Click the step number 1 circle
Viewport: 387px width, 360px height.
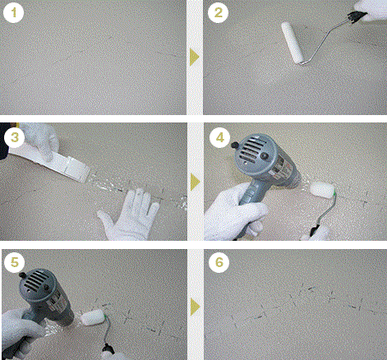pos(13,12)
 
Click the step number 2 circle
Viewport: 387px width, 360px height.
pos(218,12)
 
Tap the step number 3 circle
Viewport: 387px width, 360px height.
pos(15,137)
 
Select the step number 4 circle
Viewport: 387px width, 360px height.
pos(220,137)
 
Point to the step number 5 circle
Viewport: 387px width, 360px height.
pos(15,262)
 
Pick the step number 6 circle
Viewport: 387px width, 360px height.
pos(219,262)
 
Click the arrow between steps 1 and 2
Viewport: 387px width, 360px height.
pos(194,57)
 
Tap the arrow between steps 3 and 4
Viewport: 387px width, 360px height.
pos(195,182)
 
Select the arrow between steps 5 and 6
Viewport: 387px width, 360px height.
pos(195,307)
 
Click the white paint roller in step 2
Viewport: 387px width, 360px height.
pos(293,43)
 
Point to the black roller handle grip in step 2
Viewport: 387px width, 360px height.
pos(357,16)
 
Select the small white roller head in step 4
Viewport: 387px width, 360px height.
pos(322,190)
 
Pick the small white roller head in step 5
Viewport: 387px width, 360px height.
pos(92,317)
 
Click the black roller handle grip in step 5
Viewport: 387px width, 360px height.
pos(108,350)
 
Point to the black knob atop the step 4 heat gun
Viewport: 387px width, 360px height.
pos(234,145)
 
